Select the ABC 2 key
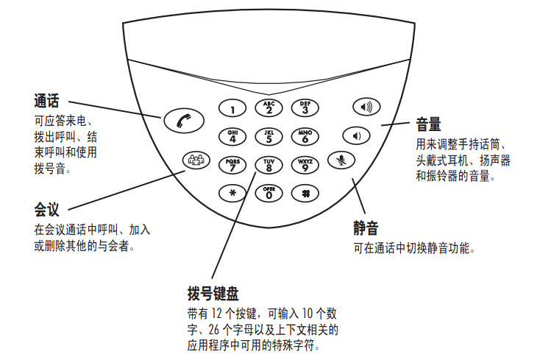click(268, 108)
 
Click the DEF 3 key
click(305, 108)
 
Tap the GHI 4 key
click(232, 136)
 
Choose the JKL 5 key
click(268, 136)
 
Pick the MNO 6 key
click(305, 136)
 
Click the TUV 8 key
click(268, 164)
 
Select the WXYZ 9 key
click(305, 164)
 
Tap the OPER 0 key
click(268, 192)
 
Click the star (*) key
click(232, 192)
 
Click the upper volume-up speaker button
click(366, 107)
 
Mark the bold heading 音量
click(428, 122)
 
